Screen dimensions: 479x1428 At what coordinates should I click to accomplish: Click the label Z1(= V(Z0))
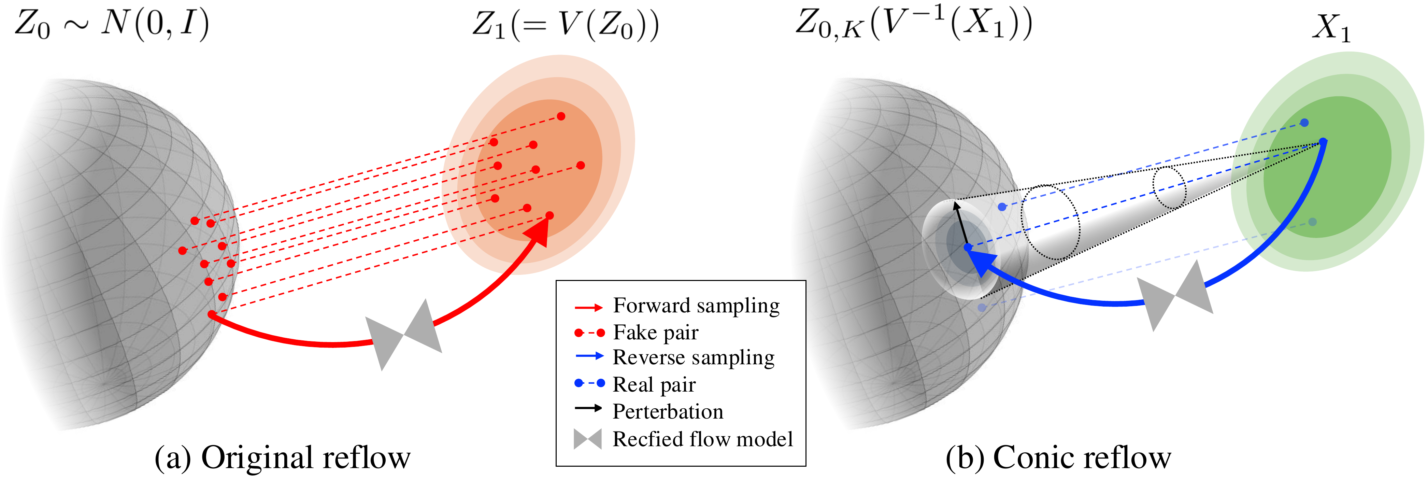click(x=566, y=25)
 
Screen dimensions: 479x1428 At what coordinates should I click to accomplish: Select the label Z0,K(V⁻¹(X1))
click(x=914, y=25)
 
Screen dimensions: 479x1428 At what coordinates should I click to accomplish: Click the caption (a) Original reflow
click(x=282, y=457)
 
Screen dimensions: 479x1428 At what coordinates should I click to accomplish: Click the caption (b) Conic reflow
click(x=1058, y=457)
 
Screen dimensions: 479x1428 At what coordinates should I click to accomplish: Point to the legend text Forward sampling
click(x=696, y=306)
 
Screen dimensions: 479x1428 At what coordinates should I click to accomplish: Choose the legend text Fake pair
click(x=655, y=333)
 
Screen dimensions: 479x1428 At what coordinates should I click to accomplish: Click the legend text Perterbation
click(x=668, y=411)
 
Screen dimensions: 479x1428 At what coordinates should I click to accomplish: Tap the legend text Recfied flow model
click(x=702, y=439)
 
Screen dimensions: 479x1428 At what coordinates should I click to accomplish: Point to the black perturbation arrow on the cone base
click(x=961, y=225)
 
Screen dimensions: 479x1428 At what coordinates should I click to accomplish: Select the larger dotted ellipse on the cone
click(x=1051, y=222)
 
